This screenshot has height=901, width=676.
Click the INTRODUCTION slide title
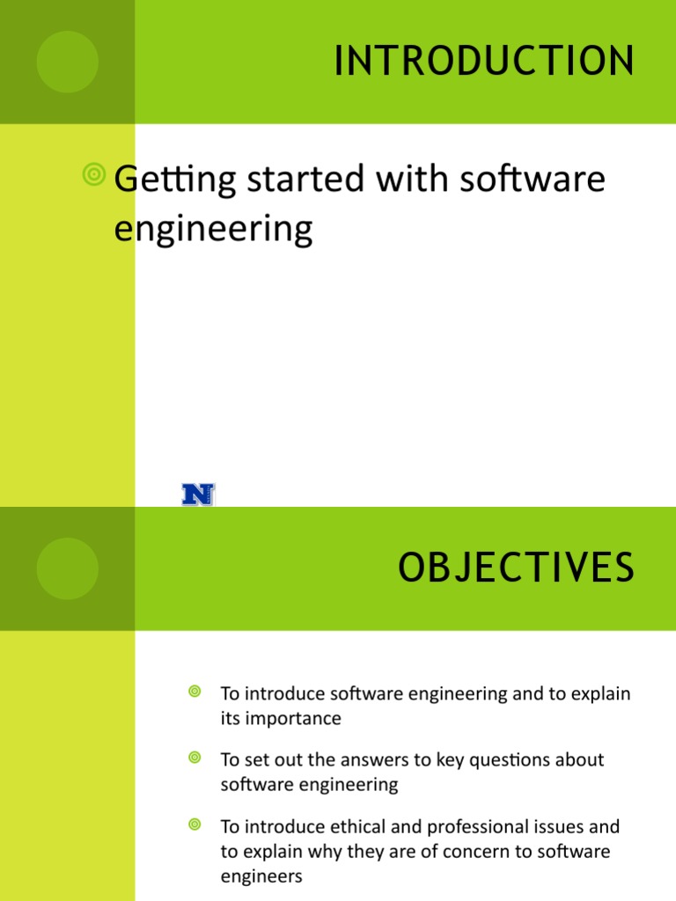[484, 62]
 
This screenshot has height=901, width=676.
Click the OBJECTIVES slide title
[516, 568]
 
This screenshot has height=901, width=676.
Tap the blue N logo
[198, 494]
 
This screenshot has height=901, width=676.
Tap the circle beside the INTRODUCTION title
[67, 62]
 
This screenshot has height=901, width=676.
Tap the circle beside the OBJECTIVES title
[67, 568]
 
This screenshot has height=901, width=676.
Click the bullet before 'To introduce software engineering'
[195, 692]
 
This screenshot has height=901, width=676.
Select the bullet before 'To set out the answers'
[195, 758]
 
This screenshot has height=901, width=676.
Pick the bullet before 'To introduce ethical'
[195, 824]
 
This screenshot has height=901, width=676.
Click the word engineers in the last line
[261, 876]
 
